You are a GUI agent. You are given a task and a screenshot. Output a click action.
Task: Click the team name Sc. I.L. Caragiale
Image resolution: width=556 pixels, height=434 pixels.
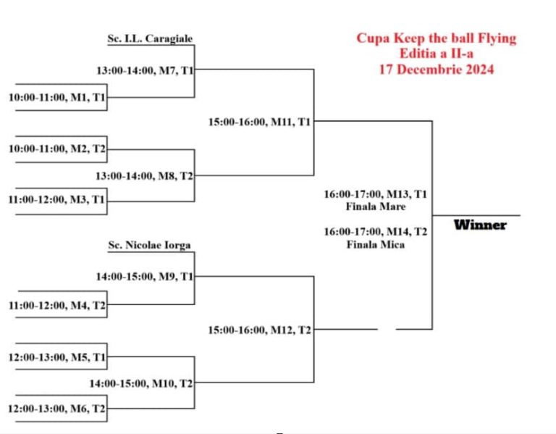150,38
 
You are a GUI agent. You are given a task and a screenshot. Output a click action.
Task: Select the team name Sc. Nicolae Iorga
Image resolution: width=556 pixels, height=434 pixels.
149,245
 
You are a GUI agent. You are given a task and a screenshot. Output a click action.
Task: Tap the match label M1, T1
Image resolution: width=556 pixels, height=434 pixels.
57,97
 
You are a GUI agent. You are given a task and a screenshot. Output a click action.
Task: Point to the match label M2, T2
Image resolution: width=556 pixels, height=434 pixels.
57,149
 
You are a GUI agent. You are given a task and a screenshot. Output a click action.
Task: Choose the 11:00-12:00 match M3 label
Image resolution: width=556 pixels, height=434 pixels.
56,200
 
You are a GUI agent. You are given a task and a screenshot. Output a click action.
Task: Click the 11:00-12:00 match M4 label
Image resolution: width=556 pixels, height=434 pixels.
57,305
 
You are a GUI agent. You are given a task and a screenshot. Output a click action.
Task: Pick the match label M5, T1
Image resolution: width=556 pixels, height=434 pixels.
57,357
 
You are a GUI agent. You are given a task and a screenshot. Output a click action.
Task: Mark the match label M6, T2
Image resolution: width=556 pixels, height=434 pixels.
56,409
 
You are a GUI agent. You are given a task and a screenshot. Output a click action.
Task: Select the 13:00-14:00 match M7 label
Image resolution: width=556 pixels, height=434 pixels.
145,70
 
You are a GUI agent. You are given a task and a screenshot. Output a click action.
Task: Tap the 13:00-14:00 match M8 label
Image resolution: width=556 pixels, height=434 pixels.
144,176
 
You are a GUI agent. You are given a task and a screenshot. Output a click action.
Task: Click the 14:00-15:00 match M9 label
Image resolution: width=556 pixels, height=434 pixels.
145,277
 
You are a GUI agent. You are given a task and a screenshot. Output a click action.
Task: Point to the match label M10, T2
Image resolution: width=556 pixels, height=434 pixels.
141,383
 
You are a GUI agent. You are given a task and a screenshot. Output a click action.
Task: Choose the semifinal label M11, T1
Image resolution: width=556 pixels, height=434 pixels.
259,122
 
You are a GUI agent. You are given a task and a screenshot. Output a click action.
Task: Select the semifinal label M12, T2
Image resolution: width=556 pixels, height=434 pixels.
259,330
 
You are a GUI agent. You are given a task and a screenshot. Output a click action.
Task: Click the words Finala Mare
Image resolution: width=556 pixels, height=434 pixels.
376,206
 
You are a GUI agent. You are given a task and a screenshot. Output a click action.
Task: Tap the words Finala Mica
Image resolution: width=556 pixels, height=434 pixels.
376,244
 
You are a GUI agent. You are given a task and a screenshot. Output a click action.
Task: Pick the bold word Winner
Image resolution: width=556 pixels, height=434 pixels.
480,225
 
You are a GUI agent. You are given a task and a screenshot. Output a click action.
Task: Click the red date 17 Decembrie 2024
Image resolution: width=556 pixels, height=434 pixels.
437,70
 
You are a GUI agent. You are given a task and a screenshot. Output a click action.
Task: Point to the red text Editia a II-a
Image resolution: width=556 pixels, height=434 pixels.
437,54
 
